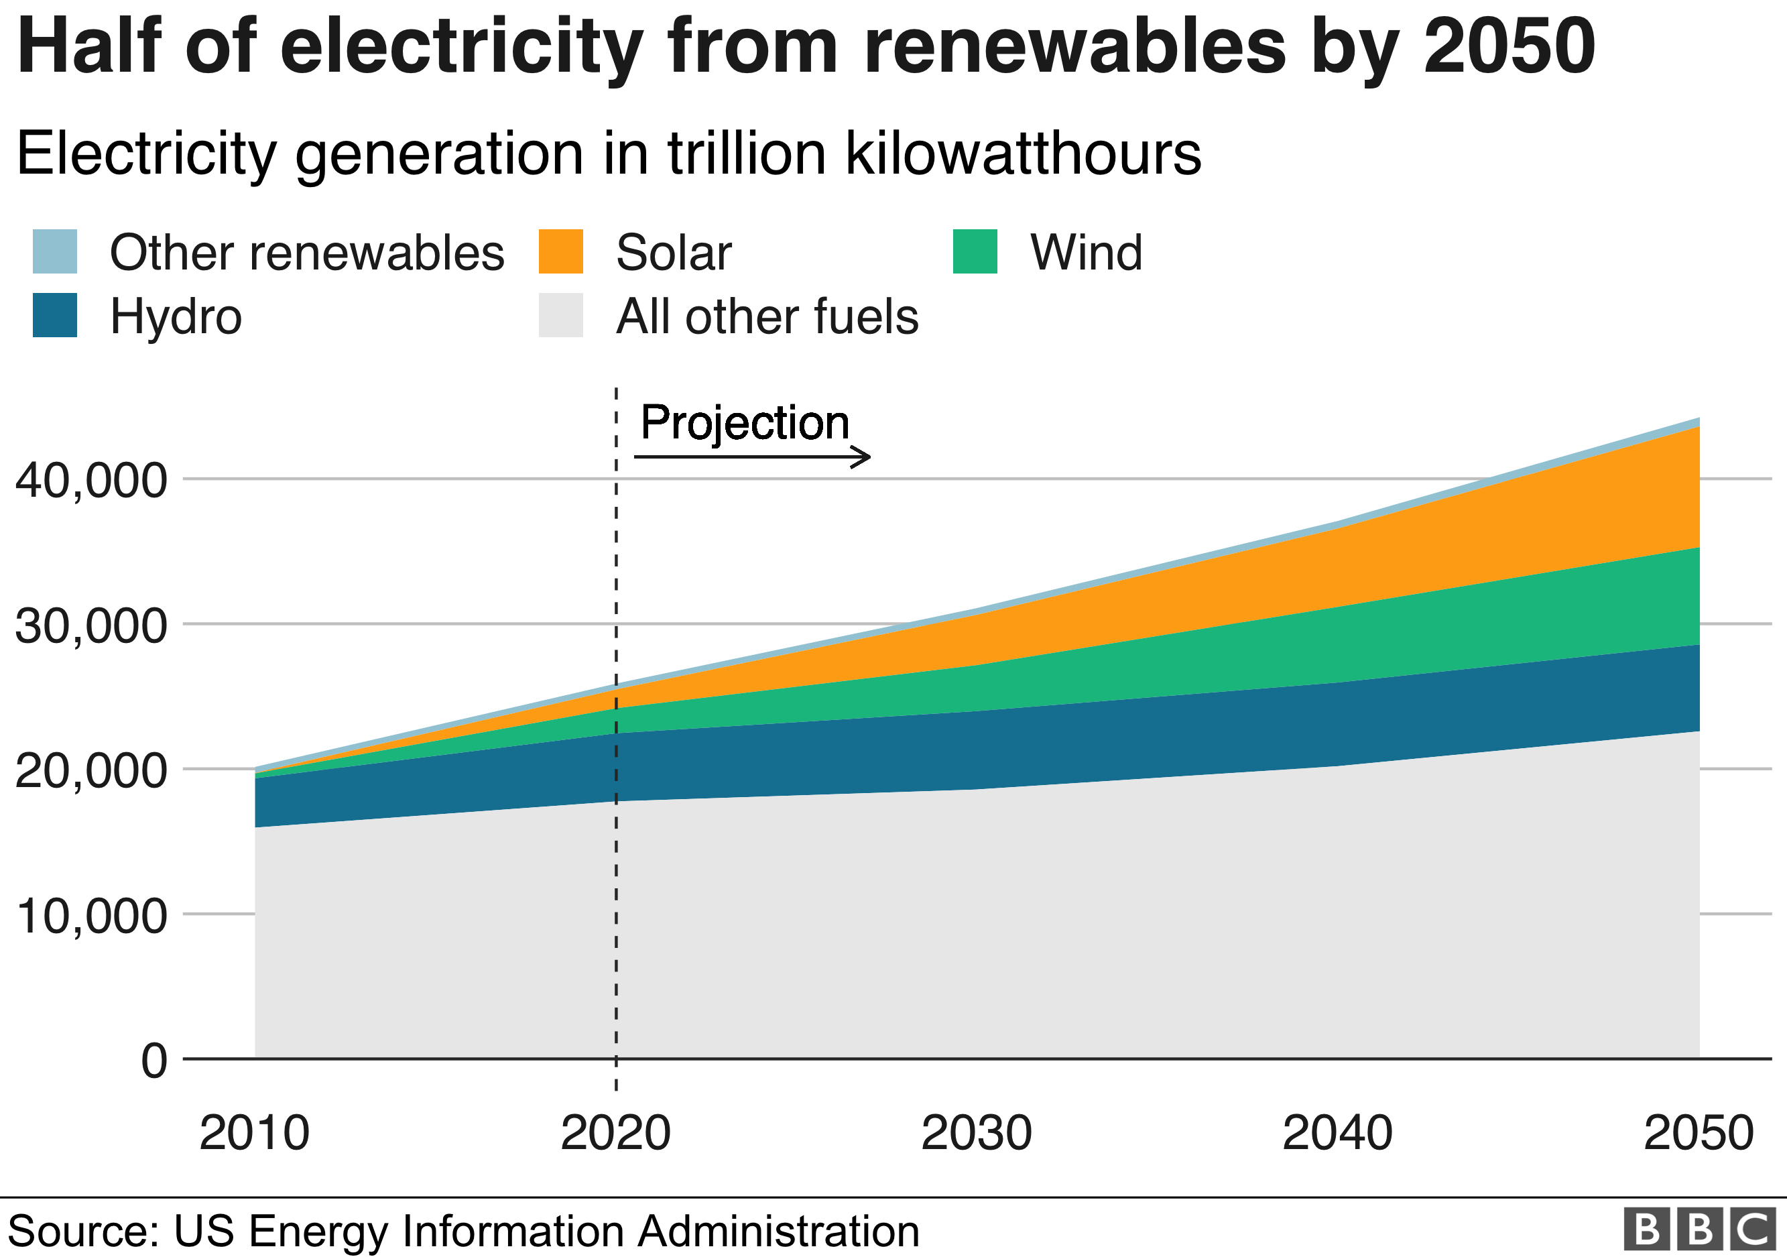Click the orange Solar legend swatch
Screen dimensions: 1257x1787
[x=560, y=251]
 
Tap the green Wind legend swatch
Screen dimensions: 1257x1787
[x=975, y=251]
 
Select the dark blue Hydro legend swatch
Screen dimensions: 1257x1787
[x=54, y=315]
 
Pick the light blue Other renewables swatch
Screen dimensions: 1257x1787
[x=54, y=251]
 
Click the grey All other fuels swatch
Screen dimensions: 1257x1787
[x=560, y=315]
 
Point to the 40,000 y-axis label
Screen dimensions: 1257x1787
[x=90, y=480]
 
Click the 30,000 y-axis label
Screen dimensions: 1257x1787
[x=90, y=625]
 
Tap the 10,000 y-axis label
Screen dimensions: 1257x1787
[x=90, y=916]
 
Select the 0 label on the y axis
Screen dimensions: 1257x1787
[x=154, y=1061]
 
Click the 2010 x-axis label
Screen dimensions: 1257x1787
[x=255, y=1133]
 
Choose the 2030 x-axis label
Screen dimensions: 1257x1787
[x=976, y=1133]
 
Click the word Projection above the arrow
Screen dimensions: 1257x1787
[x=744, y=424]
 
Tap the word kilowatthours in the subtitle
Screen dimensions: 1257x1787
[x=1023, y=154]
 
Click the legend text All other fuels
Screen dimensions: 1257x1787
[x=767, y=317]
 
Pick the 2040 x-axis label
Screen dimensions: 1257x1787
[x=1337, y=1133]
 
